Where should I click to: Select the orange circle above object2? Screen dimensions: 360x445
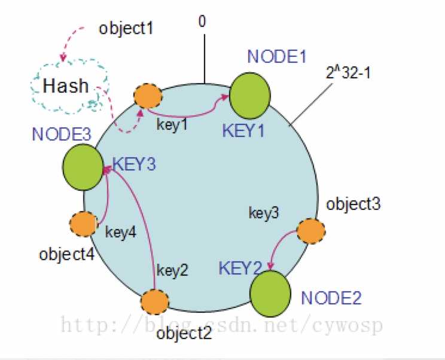pyautogui.click(x=155, y=302)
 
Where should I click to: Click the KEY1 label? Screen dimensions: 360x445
pyautogui.click(x=242, y=130)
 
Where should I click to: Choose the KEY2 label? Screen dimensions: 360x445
pyautogui.click(x=241, y=267)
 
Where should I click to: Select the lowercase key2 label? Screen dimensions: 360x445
pyautogui.click(x=172, y=270)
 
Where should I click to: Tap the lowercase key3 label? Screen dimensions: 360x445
pyautogui.click(x=264, y=212)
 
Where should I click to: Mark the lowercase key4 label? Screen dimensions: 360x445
pyautogui.click(x=121, y=231)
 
